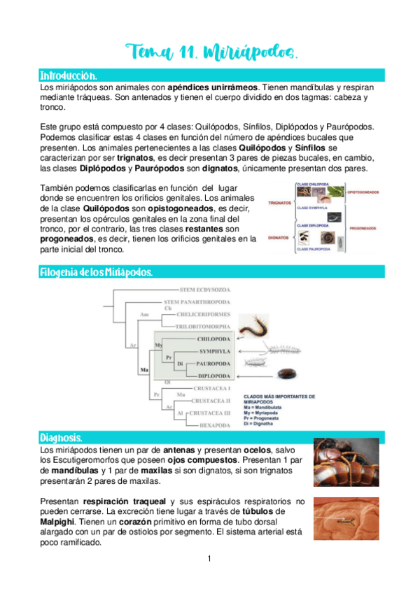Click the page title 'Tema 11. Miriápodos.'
209,51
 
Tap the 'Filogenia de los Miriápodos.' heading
96,271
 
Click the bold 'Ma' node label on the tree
145,369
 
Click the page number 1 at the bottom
209,559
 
